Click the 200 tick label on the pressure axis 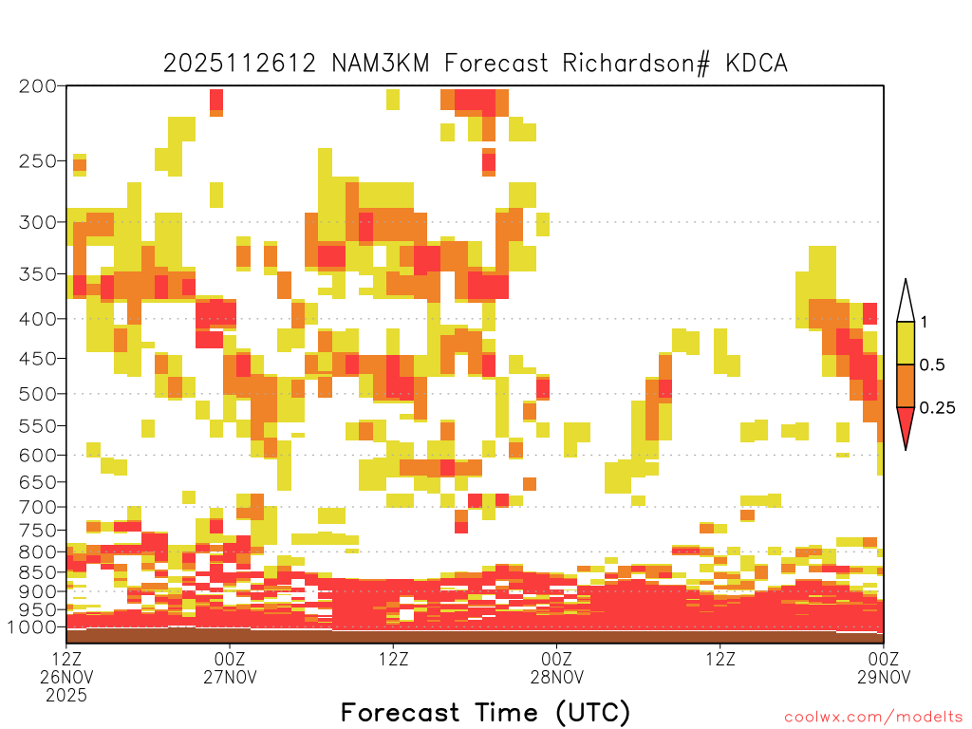pos(37,86)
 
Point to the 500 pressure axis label pos(37,394)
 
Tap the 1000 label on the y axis pos(31,627)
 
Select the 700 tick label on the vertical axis pos(37,507)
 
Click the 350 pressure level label pos(37,274)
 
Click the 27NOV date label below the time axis pos(230,677)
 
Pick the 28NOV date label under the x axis pos(556,677)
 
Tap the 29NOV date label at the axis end pos(884,677)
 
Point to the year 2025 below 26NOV pos(66,696)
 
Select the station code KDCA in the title pos(757,64)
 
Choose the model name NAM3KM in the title pos(381,64)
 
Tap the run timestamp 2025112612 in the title pos(240,64)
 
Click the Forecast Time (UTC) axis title pos(485,712)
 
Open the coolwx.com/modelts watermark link pos(873,718)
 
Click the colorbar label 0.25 pos(937,408)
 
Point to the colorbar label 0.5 pos(932,365)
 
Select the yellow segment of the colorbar pos(906,343)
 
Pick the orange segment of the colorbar pos(906,385)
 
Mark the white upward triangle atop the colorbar pos(906,305)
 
